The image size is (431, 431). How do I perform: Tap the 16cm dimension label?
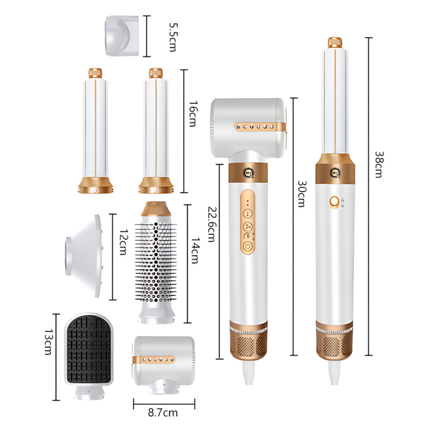[x=193, y=114]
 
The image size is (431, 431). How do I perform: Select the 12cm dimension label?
[x=123, y=241]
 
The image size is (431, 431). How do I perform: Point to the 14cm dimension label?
[x=195, y=251]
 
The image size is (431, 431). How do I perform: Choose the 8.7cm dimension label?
[x=163, y=413]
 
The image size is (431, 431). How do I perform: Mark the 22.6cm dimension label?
[x=211, y=224]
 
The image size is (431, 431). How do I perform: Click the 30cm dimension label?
[x=302, y=193]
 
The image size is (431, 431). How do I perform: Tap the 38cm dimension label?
[x=379, y=164]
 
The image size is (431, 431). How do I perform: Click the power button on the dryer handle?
[x=248, y=246]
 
